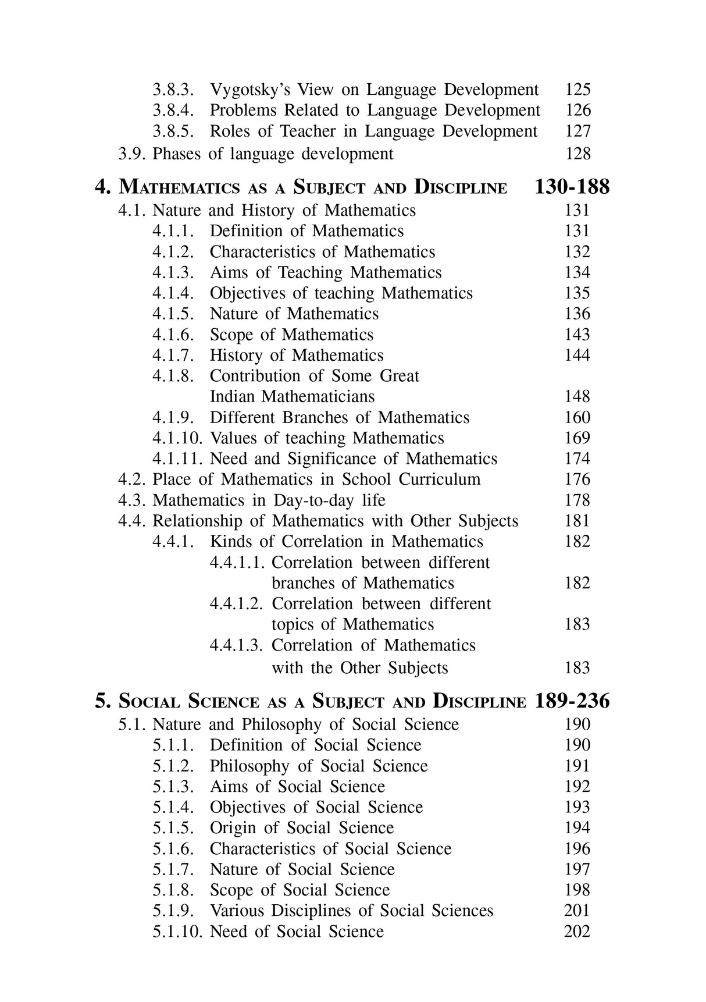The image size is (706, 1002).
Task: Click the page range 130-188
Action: pos(571,187)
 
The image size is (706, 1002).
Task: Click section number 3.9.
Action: pos(133,154)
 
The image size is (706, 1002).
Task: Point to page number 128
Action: pos(577,154)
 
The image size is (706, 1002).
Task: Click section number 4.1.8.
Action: pos(173,376)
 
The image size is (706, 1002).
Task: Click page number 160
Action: pos(577,418)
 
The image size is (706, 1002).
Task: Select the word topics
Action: pos(295,625)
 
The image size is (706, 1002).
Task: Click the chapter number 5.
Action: pos(102,701)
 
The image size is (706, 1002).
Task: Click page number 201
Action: pos(577,911)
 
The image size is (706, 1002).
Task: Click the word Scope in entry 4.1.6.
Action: pos(231,335)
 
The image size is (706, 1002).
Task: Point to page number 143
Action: pos(577,335)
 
